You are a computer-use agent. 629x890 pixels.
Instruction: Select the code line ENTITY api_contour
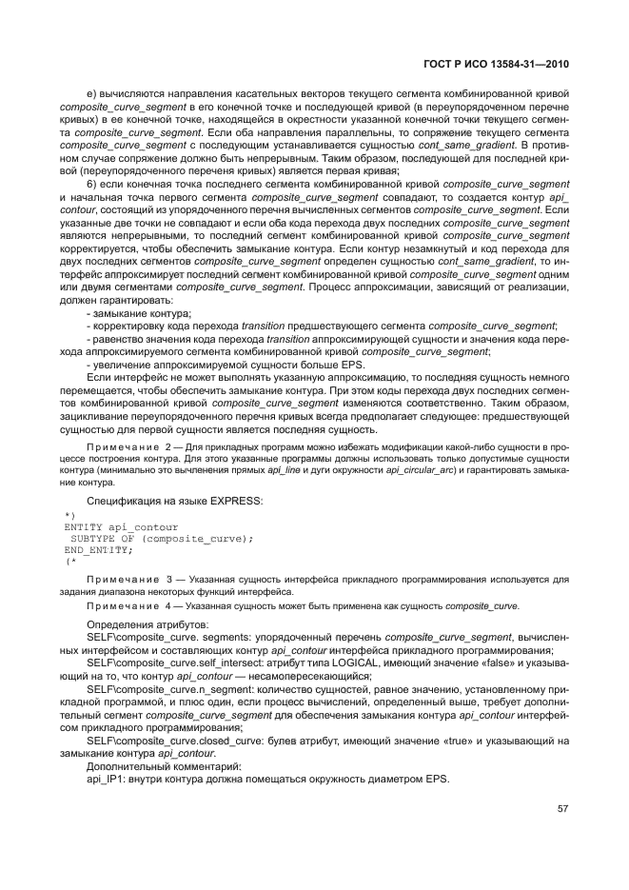(x=121, y=526)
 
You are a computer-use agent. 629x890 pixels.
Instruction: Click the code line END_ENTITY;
(x=99, y=549)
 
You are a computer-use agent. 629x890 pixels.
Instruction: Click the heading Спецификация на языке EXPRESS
(x=174, y=499)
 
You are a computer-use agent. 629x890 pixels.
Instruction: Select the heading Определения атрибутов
(x=140, y=623)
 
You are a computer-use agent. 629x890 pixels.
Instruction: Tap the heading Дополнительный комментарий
(x=149, y=765)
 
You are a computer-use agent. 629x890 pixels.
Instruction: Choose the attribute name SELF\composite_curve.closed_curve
(x=164, y=739)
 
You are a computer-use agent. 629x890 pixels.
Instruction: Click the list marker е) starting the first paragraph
(x=91, y=93)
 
